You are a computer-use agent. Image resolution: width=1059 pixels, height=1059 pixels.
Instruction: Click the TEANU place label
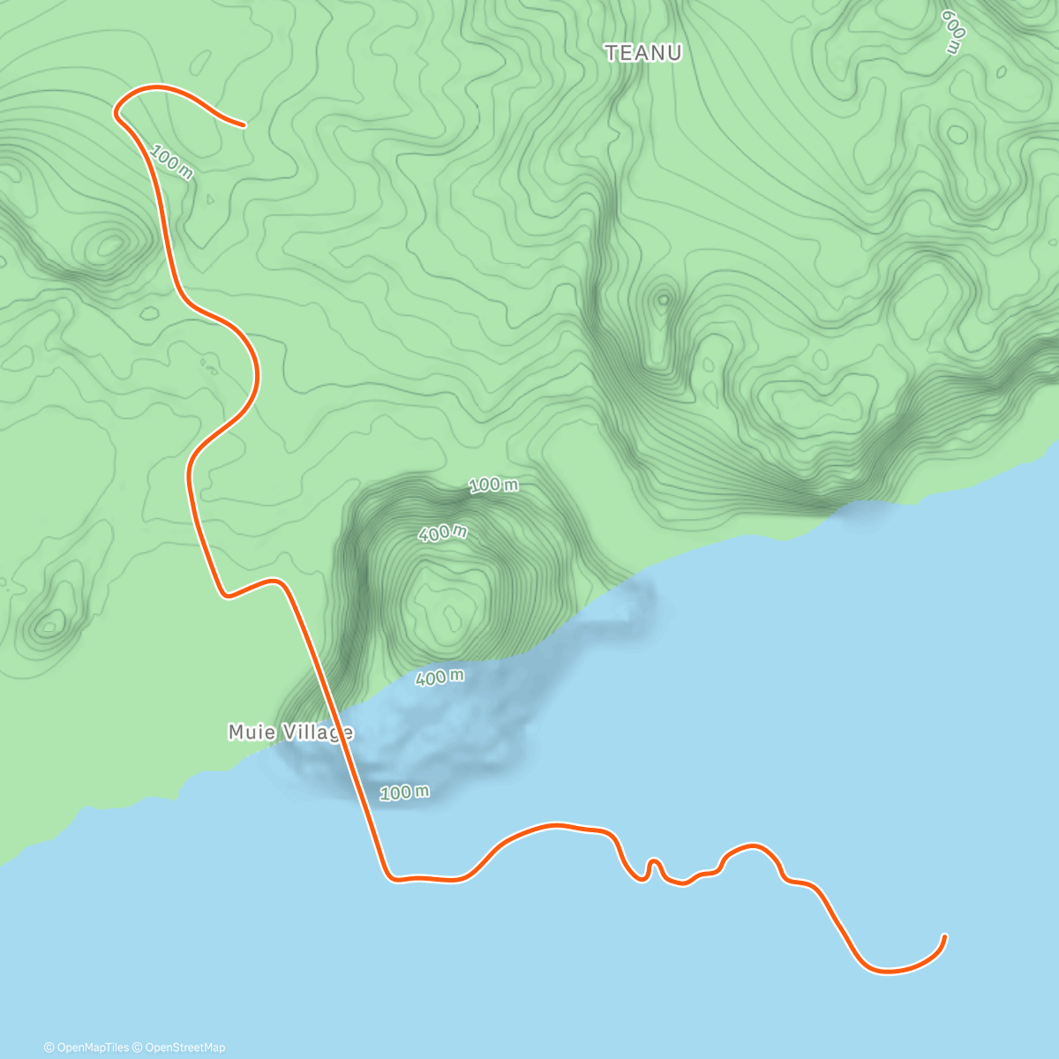coord(643,54)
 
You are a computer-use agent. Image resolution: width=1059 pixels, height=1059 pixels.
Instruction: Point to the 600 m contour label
coord(953,33)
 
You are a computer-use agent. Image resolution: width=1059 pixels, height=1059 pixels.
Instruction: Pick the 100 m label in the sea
coord(405,792)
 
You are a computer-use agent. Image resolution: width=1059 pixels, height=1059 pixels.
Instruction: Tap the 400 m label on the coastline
coord(439,678)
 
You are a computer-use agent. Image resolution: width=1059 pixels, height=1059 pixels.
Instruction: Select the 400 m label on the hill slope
coord(443,533)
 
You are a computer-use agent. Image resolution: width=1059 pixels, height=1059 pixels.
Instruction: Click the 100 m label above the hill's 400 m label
coord(493,484)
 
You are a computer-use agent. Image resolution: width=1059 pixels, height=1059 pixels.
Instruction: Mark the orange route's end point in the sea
coord(945,936)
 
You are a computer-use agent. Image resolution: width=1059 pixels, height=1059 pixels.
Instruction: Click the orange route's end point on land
coord(244,125)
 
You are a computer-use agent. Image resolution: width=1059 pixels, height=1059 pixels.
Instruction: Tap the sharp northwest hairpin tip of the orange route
coord(116,112)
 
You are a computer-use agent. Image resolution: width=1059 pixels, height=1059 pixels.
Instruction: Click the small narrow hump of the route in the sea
coord(654,862)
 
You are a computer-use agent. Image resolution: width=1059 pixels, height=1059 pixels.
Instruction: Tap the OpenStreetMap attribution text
coord(183,1048)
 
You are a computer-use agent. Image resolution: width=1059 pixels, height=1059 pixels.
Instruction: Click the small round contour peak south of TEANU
coord(663,299)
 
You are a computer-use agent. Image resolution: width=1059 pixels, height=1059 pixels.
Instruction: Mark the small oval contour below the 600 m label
coord(958,135)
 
